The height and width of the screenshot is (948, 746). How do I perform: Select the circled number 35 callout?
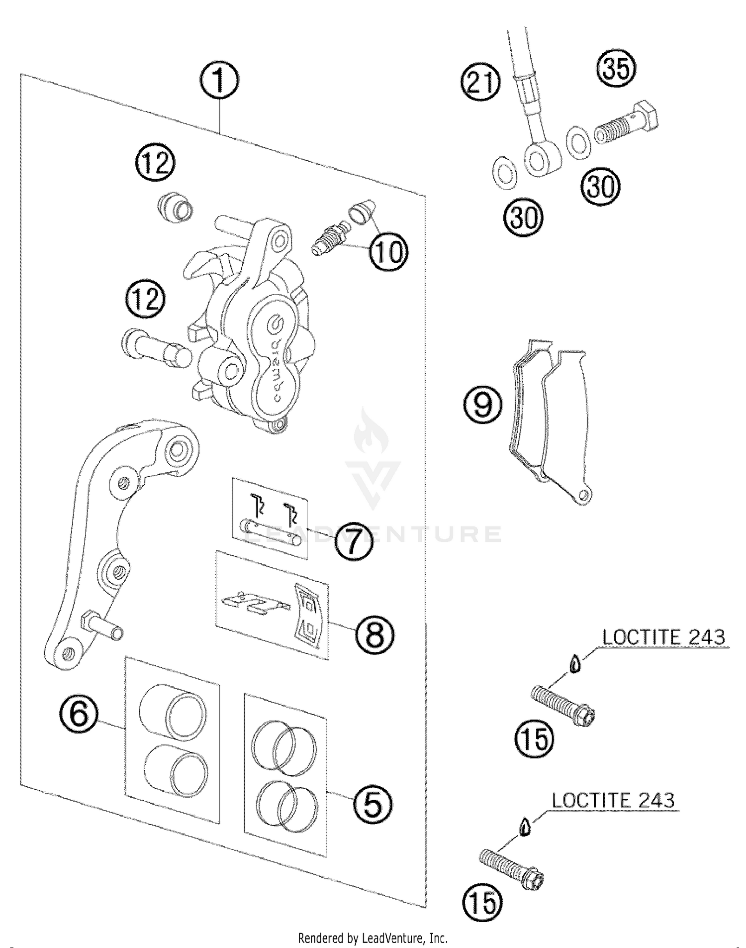click(x=616, y=69)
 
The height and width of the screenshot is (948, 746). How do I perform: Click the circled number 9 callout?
click(x=482, y=405)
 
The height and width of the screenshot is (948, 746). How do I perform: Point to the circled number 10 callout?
click(x=388, y=252)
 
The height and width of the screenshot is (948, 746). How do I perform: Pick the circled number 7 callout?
click(x=353, y=541)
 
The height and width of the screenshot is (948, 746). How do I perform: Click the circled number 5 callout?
click(x=373, y=805)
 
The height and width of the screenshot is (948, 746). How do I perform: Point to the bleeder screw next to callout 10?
click(x=330, y=239)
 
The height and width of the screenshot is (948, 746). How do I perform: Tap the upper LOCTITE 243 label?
click(x=664, y=637)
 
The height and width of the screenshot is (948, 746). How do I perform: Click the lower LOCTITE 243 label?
click(x=613, y=801)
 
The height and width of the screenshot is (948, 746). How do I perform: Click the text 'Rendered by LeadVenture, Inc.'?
click(x=373, y=939)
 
